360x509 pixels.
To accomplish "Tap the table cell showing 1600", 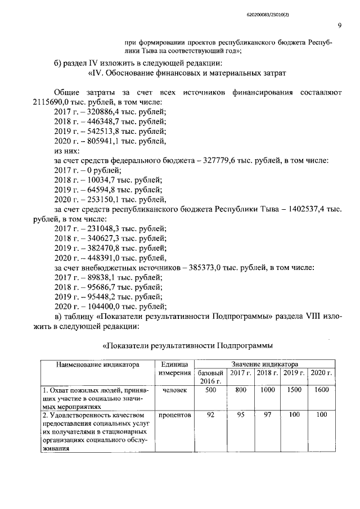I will coord(322,389).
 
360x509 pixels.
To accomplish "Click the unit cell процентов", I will coord(174,415).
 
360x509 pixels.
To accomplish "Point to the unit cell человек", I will coord(174,389).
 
